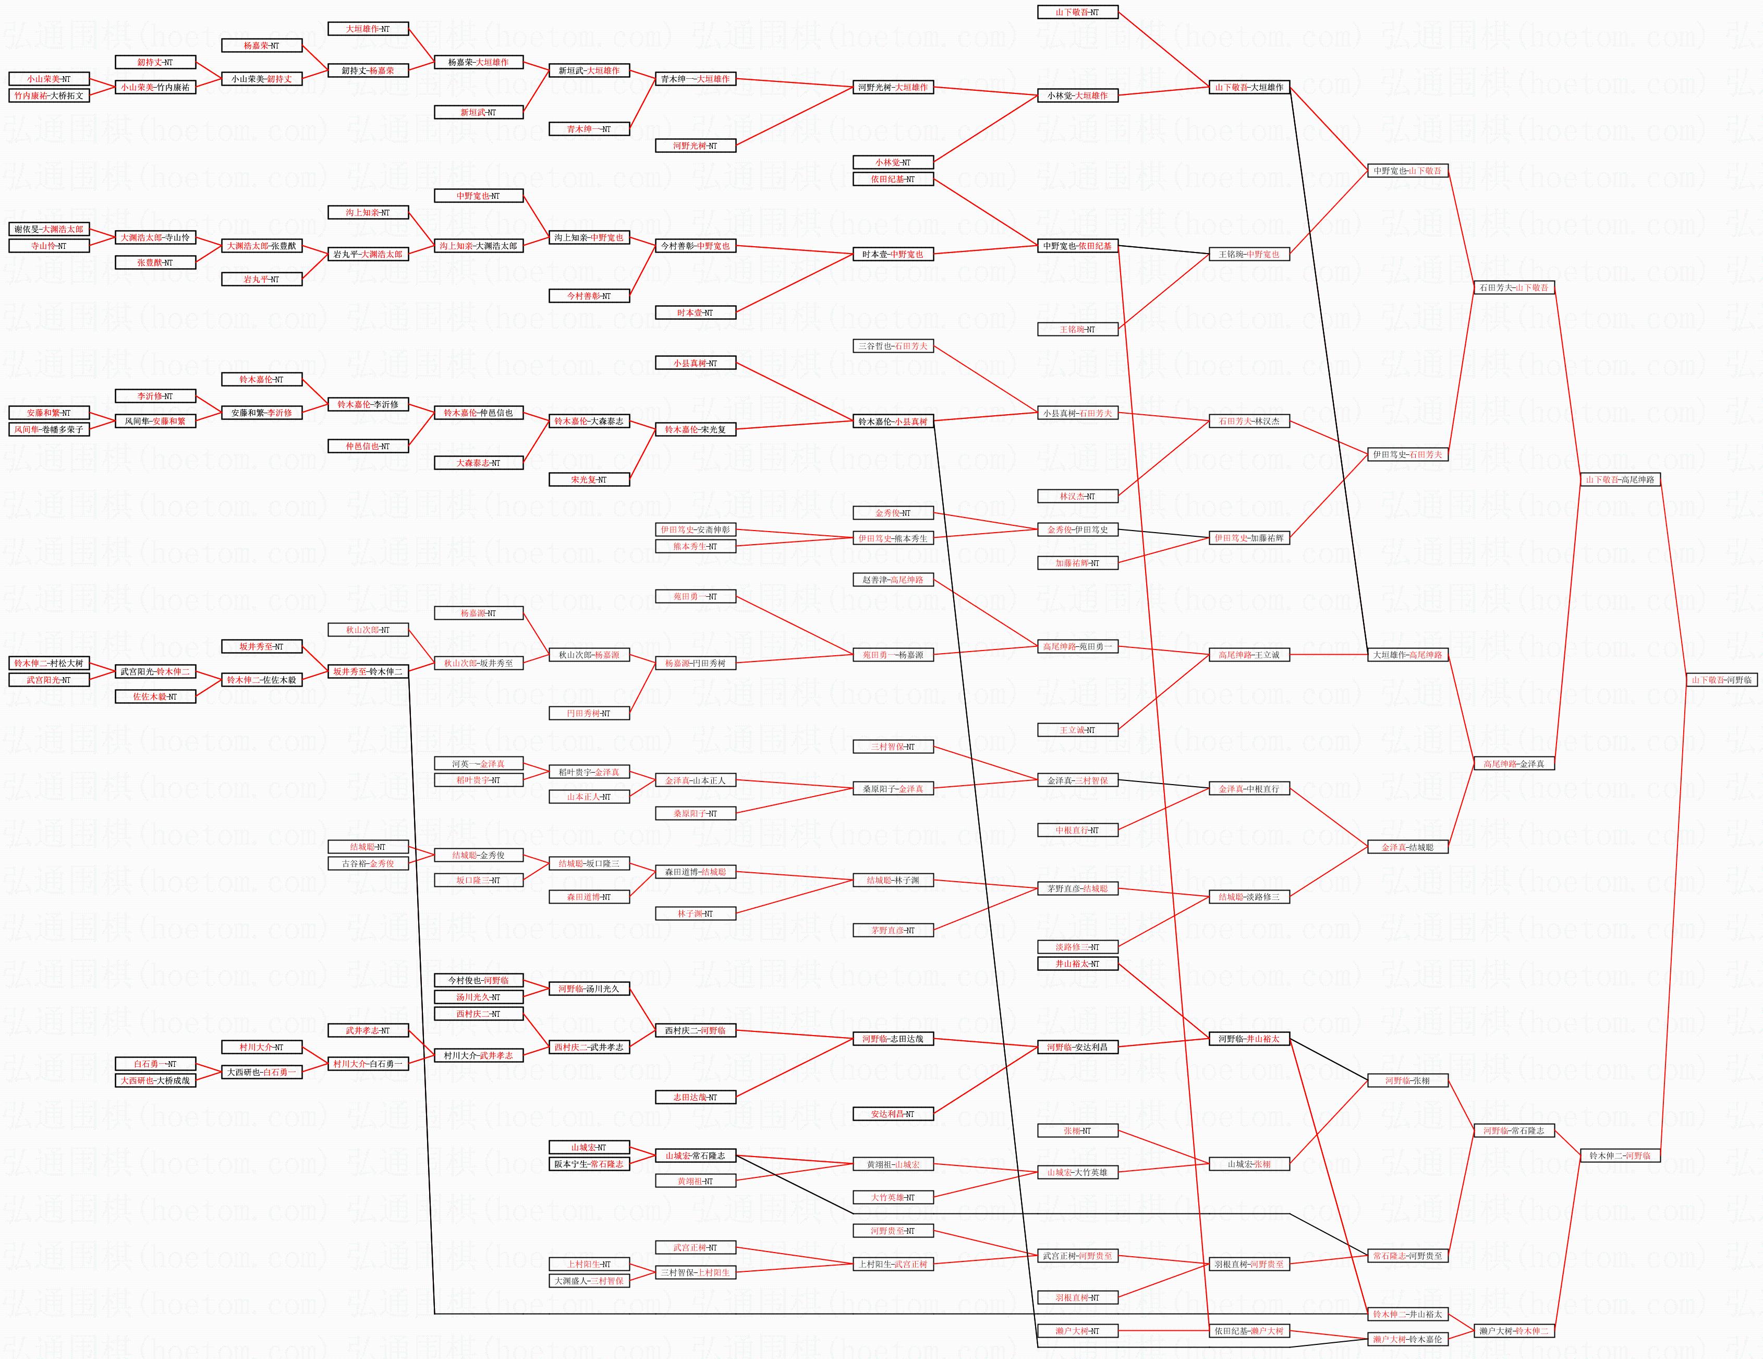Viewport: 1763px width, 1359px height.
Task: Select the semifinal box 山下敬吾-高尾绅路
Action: point(1619,479)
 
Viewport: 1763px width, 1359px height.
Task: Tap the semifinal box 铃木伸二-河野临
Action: point(1619,1156)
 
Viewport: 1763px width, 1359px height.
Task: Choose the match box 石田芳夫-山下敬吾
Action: point(1514,287)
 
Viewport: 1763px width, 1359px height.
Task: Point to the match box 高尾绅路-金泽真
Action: point(1514,764)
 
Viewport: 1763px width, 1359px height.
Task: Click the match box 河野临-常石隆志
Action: point(1514,1131)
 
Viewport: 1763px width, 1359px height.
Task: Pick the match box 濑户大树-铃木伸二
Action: point(1514,1331)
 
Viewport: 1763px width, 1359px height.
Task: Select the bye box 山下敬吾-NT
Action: point(1077,12)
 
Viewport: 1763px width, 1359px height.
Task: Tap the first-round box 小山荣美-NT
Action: point(48,79)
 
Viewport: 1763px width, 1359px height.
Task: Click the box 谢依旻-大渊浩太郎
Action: point(48,230)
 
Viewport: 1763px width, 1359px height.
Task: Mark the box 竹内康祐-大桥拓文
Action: point(48,95)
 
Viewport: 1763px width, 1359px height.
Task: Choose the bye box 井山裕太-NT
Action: point(1077,964)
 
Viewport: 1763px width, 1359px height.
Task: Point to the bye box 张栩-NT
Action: point(1077,1131)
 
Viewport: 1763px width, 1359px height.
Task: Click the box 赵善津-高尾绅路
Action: point(893,580)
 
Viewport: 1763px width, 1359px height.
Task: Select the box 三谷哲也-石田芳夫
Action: point(893,345)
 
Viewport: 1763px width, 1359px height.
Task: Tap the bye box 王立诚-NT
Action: point(1077,730)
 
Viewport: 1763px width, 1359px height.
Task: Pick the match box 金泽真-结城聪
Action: point(1407,847)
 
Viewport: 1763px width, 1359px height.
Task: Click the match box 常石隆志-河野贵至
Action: point(1407,1256)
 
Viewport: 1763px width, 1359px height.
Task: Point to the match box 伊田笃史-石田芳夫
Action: point(1407,454)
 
